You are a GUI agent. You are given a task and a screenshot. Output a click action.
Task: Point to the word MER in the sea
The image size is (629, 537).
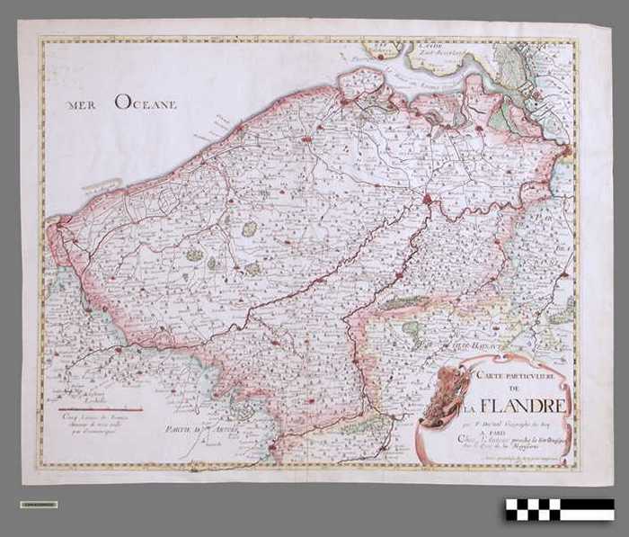click(x=84, y=105)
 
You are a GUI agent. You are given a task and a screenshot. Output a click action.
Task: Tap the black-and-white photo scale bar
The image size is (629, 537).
click(x=559, y=510)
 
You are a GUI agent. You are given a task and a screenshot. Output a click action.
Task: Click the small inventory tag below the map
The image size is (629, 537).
click(x=39, y=505)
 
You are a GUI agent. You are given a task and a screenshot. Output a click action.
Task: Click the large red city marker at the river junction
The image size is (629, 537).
click(x=428, y=199)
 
